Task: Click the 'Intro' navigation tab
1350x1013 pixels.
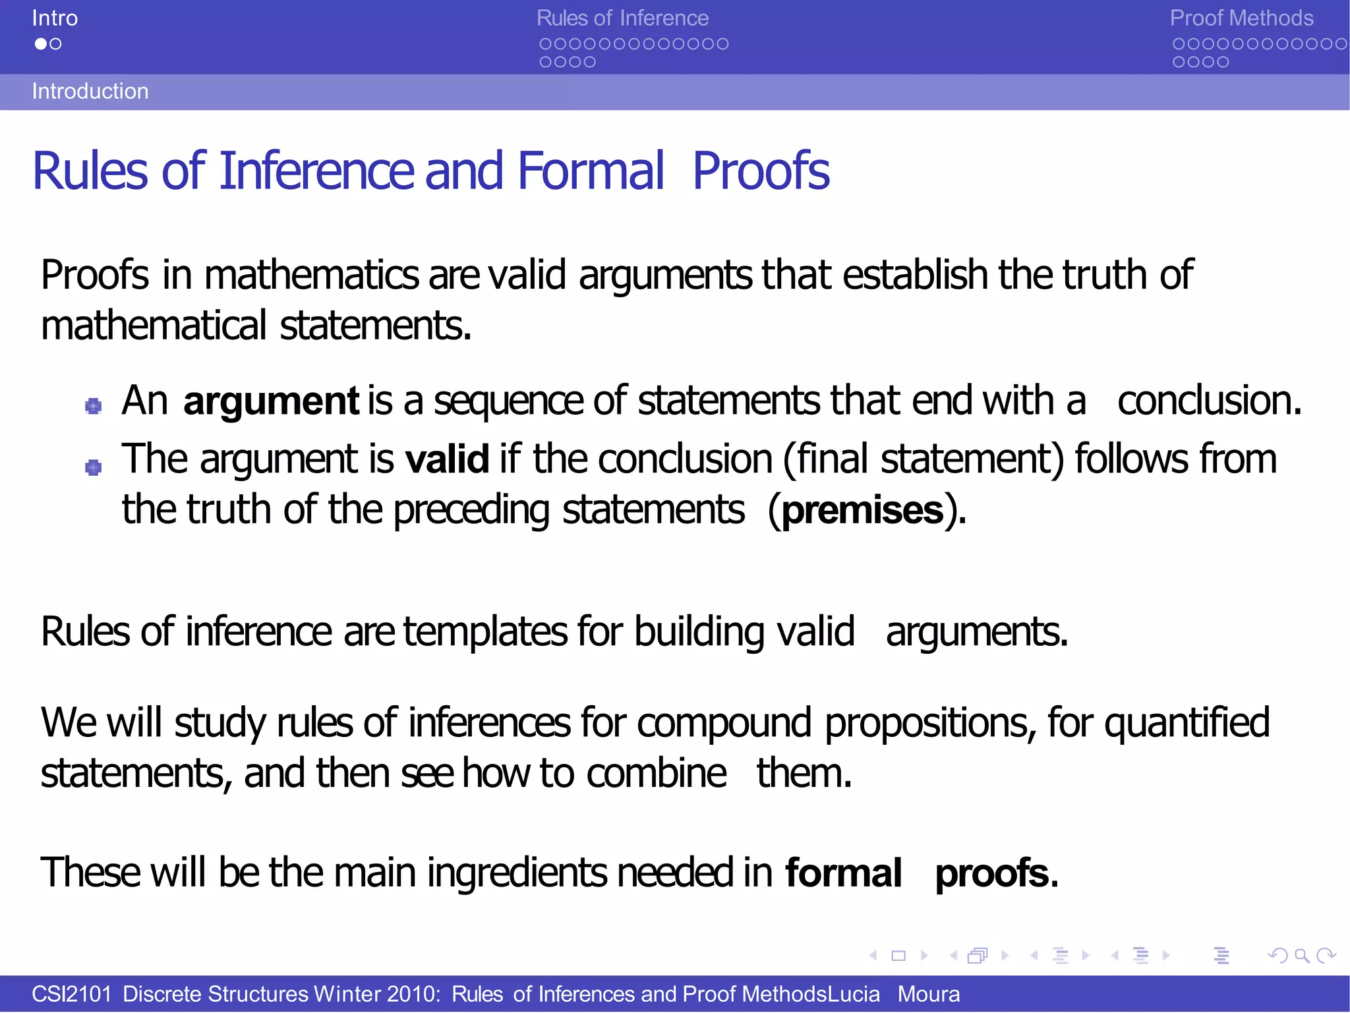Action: pos(55,18)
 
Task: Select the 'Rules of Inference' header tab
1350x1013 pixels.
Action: pos(622,18)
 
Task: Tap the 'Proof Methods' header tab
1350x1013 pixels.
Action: pos(1241,18)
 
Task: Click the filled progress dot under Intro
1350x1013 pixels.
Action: pos(41,44)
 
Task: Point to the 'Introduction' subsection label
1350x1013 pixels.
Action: pos(90,91)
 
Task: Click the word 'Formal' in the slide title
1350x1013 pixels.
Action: pos(591,171)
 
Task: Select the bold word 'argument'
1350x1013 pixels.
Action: pos(271,401)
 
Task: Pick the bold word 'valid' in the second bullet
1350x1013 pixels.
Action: pos(447,459)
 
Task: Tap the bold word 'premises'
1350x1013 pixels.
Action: pos(863,510)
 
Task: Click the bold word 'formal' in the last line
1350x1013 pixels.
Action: pos(843,873)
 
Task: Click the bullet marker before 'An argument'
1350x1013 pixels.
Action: pos(94,405)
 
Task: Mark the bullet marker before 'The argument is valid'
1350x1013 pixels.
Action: pos(94,467)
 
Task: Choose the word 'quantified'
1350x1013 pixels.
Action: pos(1187,722)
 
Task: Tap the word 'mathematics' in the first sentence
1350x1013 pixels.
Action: pos(311,274)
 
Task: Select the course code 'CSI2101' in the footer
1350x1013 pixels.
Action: pos(71,994)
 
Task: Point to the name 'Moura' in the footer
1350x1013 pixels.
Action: pos(928,994)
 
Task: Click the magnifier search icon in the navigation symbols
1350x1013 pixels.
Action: pos(1302,956)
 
